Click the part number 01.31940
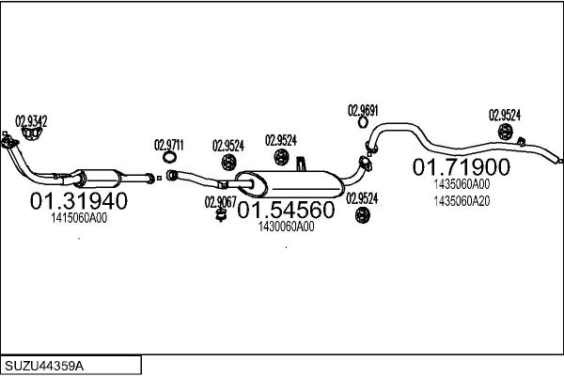[79, 201]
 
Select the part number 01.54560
[286, 210]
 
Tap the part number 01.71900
[462, 167]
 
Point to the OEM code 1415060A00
[79, 218]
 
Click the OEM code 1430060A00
[287, 227]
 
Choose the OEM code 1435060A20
[462, 201]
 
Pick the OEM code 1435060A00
[462, 184]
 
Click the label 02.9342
[31, 121]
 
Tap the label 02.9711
[169, 145]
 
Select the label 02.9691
[363, 111]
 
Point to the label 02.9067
[221, 202]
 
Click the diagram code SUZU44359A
[44, 367]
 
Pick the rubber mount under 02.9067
[221, 215]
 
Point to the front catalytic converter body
[98, 179]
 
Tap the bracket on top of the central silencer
[301, 164]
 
